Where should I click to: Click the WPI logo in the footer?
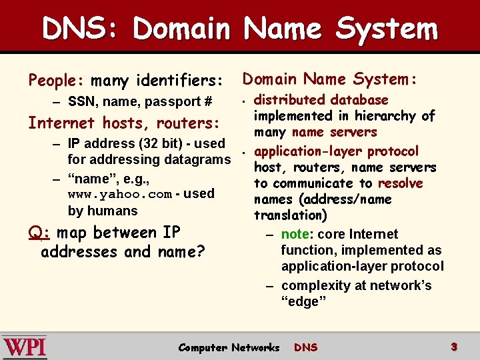25,347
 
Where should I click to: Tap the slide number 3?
453,347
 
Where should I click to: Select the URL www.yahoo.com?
120,194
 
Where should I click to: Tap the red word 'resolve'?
400,183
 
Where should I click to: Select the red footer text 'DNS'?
306,347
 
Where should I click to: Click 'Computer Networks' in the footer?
229,347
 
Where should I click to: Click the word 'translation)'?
291,215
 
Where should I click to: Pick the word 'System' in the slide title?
386,29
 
